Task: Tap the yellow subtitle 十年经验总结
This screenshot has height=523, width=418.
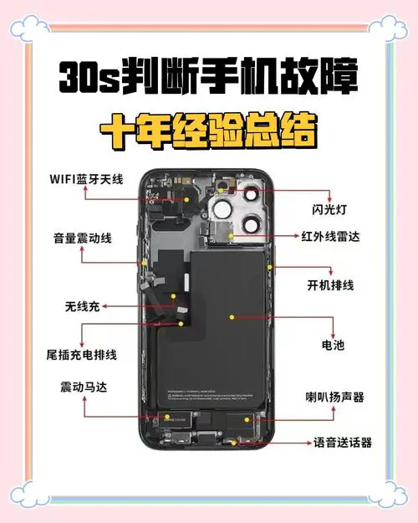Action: point(208,132)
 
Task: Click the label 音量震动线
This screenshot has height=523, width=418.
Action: point(83,238)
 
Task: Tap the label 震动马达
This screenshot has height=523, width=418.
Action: point(83,387)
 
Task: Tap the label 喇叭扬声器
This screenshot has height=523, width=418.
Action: point(334,397)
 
